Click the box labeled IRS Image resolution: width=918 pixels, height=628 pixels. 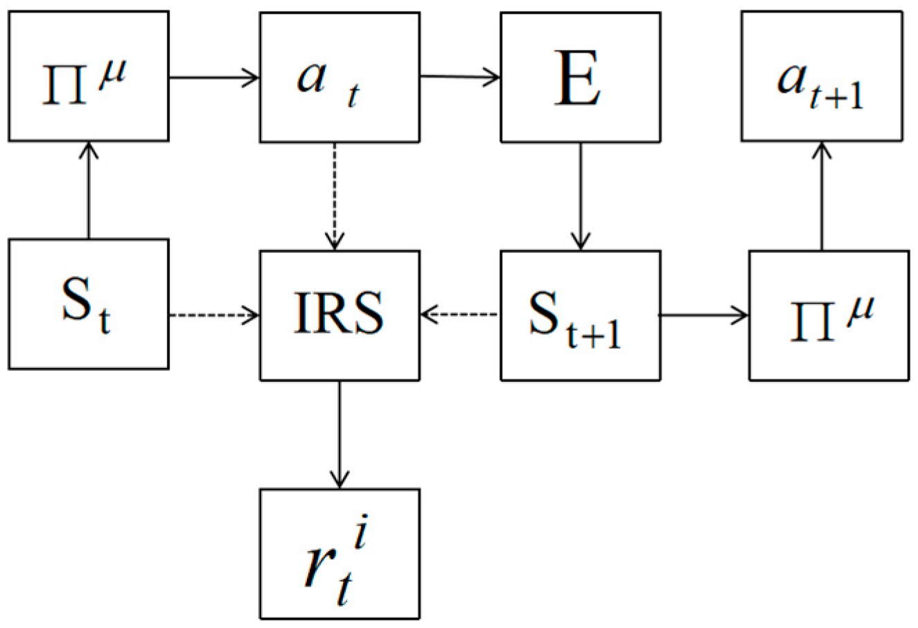(339, 315)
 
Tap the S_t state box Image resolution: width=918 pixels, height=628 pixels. (88, 304)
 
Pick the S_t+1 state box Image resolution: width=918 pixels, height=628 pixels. (580, 315)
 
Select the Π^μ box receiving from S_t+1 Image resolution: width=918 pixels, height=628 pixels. (829, 315)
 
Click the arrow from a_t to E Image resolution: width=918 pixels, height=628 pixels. (460, 77)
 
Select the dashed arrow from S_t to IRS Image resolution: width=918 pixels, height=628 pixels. (214, 316)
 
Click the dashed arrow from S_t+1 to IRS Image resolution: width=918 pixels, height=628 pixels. (460, 316)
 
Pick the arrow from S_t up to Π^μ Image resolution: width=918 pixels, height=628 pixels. (88, 190)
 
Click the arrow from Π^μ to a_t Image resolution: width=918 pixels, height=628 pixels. (214, 77)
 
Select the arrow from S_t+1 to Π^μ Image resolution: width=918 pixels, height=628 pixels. (703, 316)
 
